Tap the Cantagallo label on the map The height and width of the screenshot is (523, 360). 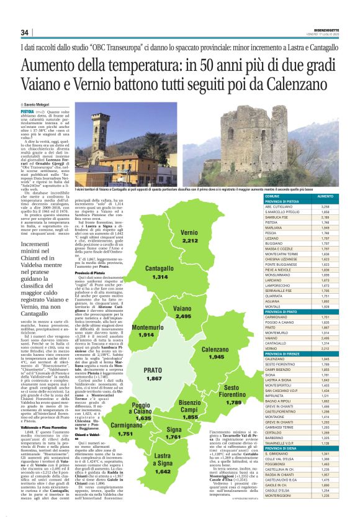tap(160, 268)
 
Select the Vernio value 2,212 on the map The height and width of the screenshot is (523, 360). tap(190, 241)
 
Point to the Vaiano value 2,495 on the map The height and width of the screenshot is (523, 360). tap(183, 317)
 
